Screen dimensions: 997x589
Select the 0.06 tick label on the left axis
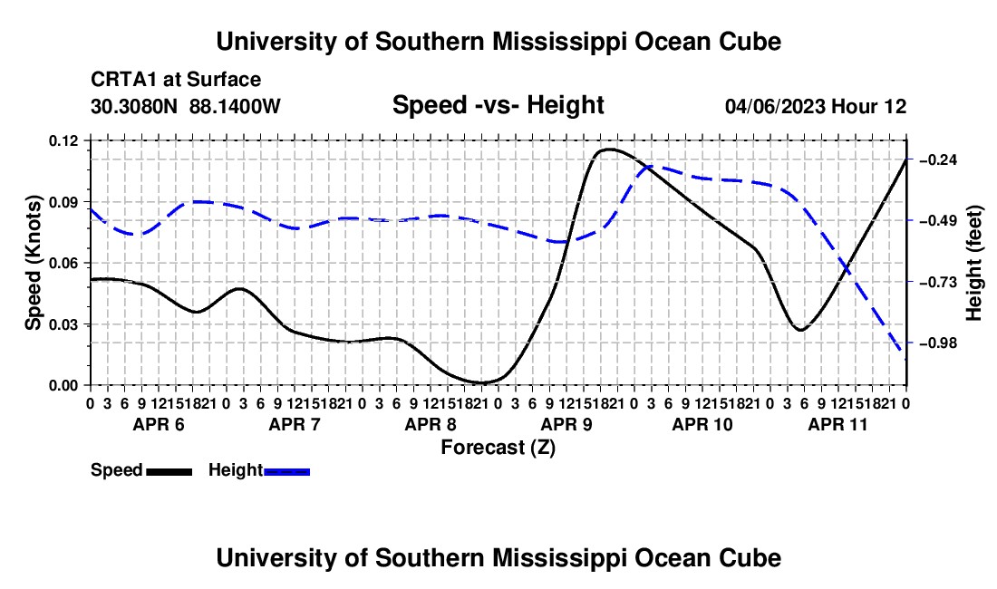click(x=63, y=263)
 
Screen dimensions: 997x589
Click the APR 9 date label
click(x=566, y=424)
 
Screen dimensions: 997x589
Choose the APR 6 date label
click(x=159, y=424)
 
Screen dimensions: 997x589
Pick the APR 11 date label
click(x=838, y=424)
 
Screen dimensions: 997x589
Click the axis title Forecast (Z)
click(x=498, y=448)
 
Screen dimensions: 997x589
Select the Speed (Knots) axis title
click(x=33, y=263)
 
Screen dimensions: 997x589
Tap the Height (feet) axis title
click(x=974, y=263)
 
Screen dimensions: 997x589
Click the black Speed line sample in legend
click(x=169, y=472)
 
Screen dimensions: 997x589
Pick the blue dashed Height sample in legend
click(x=286, y=472)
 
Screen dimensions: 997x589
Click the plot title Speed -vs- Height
click(x=498, y=105)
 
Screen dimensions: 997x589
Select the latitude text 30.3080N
click(x=134, y=106)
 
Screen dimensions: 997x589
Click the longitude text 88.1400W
click(x=235, y=106)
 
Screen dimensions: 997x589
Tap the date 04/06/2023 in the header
click(x=775, y=106)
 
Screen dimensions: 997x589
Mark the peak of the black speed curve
click(x=609, y=150)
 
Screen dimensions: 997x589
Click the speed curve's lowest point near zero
click(x=481, y=383)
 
